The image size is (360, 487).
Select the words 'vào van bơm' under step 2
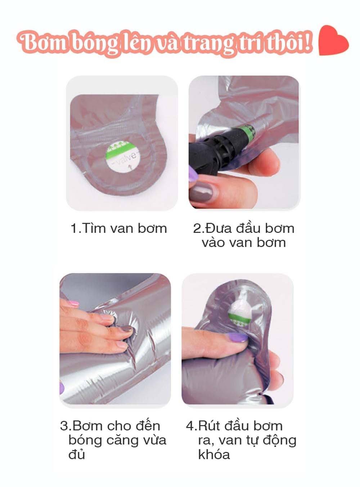(x=243, y=243)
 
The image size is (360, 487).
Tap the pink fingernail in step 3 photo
(x=73, y=304)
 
